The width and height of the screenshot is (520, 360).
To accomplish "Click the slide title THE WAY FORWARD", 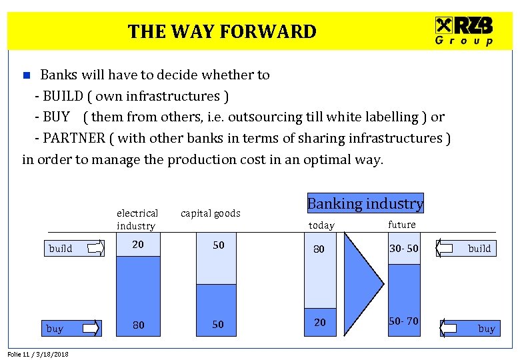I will coord(222,31).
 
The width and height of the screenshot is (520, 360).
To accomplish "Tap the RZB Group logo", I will coord(465,31).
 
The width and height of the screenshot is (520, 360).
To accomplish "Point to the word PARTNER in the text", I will coord(74,139).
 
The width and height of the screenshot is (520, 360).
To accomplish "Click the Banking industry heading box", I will coord(365,203).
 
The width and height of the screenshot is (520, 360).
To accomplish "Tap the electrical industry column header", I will coord(137,219).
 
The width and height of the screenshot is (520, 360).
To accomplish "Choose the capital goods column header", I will coord(210,213).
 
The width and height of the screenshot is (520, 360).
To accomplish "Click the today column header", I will coord(321,225).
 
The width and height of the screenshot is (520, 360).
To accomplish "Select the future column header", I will coord(401,225).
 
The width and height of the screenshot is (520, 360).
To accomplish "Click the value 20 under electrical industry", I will coord(137,245).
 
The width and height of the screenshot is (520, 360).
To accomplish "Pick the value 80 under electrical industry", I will coord(138,325).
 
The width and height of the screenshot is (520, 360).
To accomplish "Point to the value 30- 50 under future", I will coord(404,249).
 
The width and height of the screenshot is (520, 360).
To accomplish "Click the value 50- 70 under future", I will coord(404,321).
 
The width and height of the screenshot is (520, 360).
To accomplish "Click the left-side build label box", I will coord(61,249).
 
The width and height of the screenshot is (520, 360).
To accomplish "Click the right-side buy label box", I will coord(487,329).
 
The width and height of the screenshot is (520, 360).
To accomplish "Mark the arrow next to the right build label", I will coord(447,249).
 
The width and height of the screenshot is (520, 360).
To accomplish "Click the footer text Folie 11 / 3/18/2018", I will coord(38,354).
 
